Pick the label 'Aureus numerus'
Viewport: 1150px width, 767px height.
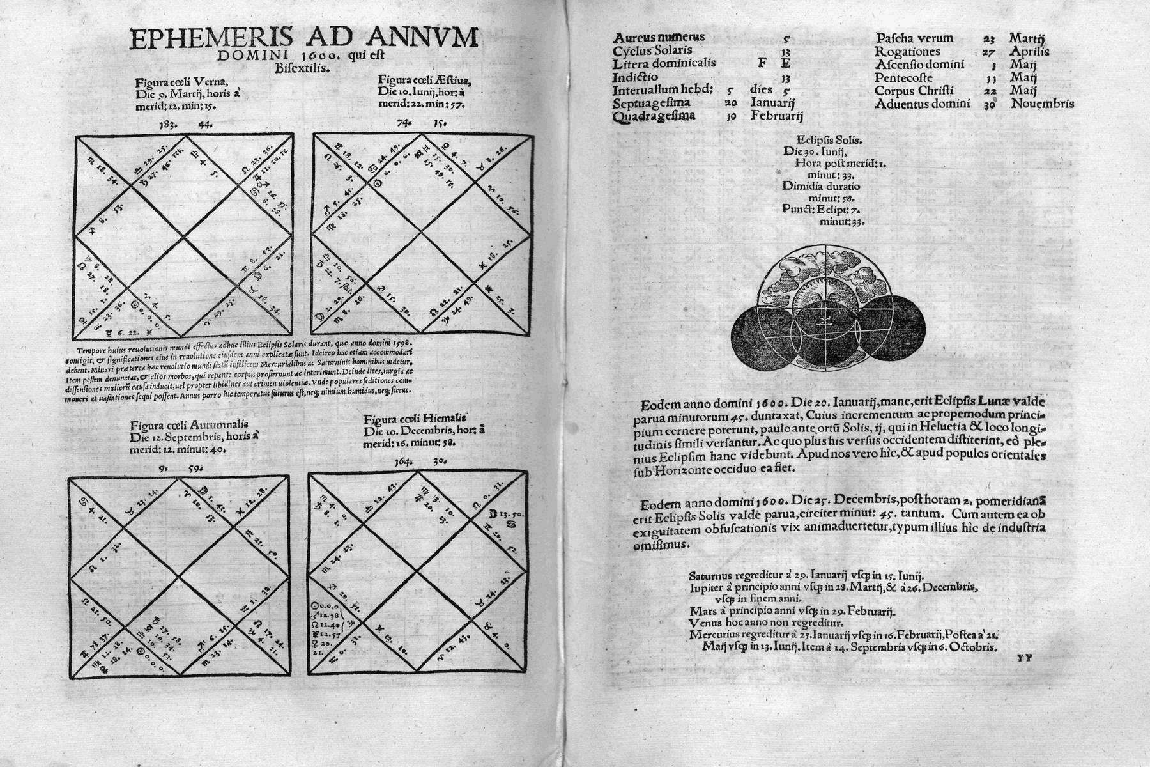[x=659, y=37]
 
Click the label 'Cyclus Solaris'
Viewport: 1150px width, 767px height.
[x=652, y=50]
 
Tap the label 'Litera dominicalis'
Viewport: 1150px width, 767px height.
[x=664, y=64]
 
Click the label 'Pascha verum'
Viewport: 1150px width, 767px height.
[x=914, y=38]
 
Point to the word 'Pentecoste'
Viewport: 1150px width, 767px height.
[x=903, y=77]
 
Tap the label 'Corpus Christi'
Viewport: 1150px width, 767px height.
[x=914, y=91]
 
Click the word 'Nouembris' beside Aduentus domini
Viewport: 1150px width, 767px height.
[x=1043, y=104]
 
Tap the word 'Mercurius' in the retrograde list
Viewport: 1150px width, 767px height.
[x=714, y=635]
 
